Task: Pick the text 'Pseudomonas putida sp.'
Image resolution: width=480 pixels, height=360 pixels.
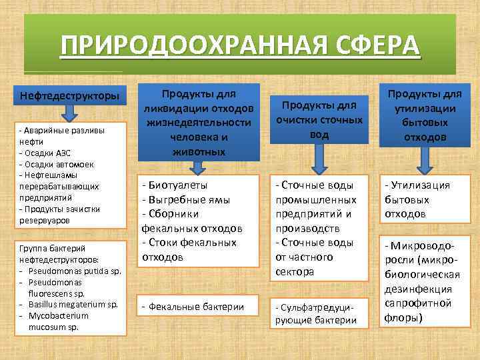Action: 72,271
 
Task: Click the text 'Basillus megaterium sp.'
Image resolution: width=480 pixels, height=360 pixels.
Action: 73,305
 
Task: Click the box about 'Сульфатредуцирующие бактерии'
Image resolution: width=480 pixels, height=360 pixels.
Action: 317,313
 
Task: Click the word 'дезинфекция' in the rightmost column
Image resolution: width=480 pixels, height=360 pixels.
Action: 417,289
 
